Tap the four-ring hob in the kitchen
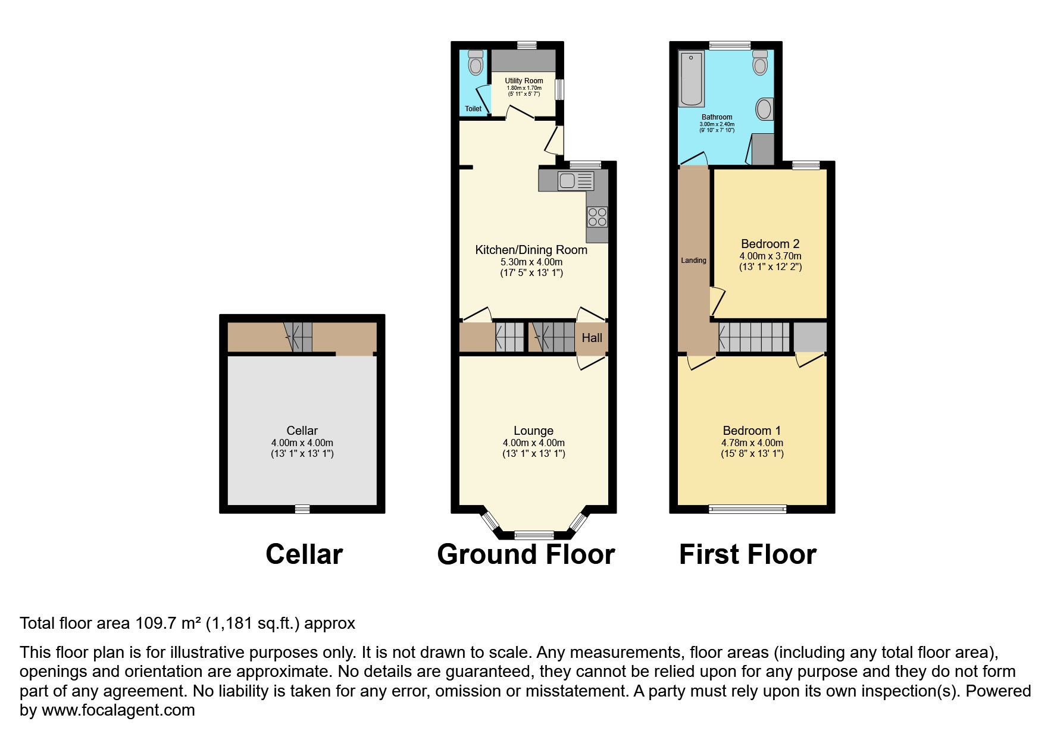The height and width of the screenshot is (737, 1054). click(x=597, y=217)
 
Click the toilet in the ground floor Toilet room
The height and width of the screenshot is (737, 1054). click(x=475, y=63)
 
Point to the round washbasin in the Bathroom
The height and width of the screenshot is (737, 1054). click(x=764, y=109)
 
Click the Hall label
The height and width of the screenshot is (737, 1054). click(x=592, y=338)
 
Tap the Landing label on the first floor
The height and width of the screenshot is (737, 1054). click(x=693, y=261)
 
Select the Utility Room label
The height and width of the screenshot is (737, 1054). click(x=524, y=81)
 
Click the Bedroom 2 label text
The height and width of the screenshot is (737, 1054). click(x=770, y=244)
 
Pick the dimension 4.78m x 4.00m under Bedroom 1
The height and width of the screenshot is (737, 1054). click(x=752, y=443)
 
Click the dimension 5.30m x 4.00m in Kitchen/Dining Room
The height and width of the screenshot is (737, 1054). click(x=531, y=262)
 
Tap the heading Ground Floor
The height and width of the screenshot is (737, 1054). click(x=526, y=554)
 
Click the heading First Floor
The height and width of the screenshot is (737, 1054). click(x=748, y=554)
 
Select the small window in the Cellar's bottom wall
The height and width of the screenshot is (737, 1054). click(x=302, y=509)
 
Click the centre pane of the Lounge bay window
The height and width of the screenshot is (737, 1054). click(x=533, y=534)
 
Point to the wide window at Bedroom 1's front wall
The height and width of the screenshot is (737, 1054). click(x=748, y=509)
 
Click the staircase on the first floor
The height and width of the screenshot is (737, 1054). click(x=754, y=337)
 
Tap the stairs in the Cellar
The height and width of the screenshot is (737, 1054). click(x=298, y=337)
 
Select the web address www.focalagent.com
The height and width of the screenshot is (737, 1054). click(x=118, y=710)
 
